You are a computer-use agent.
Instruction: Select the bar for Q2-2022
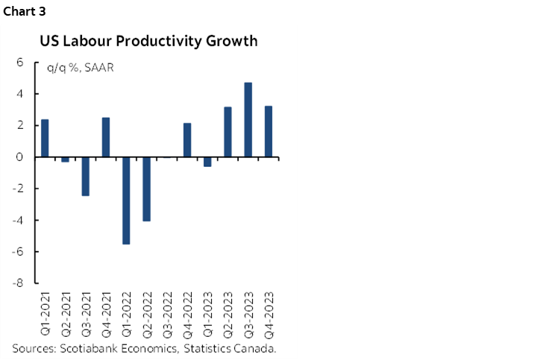pyautogui.click(x=147, y=189)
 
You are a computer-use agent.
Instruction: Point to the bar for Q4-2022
pyautogui.click(x=187, y=140)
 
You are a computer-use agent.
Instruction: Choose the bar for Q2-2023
pyautogui.click(x=228, y=132)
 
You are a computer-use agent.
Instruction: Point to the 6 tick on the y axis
pyautogui.click(x=21, y=63)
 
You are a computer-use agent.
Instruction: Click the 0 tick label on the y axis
pyautogui.click(x=21, y=157)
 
